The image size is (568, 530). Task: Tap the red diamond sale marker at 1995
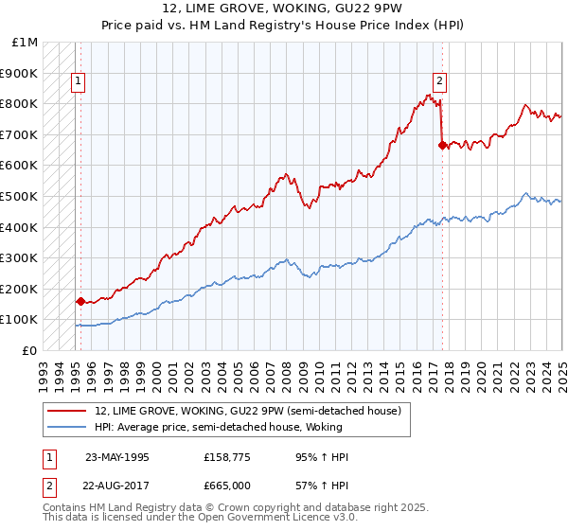point(80,302)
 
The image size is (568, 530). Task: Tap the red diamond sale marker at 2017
point(442,145)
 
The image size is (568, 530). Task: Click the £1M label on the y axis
point(26,43)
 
